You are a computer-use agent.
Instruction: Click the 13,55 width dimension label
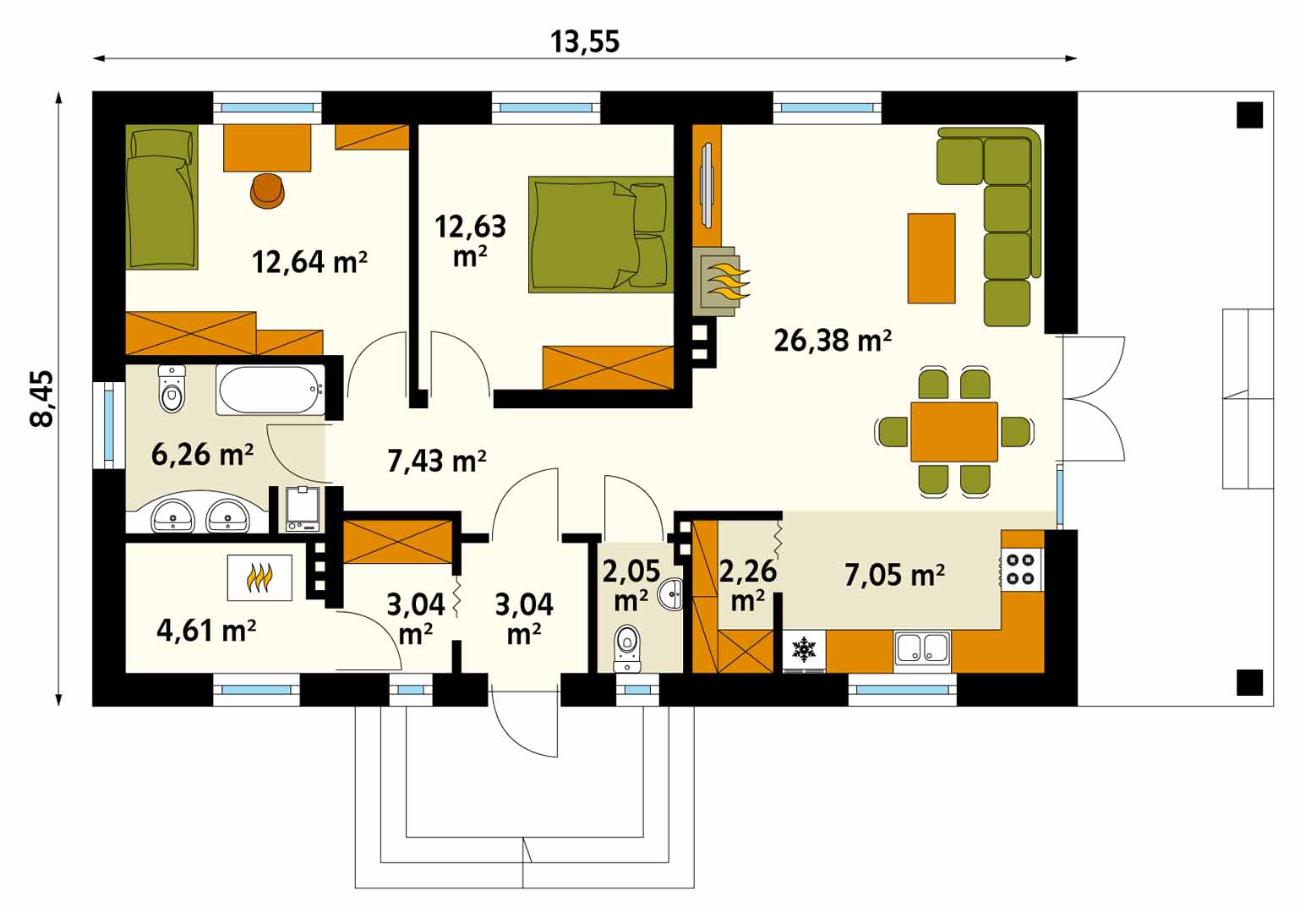click(584, 42)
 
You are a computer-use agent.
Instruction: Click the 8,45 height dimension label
click(42, 399)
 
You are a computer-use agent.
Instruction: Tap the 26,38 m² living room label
click(833, 340)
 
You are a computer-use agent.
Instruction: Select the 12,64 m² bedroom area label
click(309, 262)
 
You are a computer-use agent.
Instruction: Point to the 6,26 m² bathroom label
click(202, 454)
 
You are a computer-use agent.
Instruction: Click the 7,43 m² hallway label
click(436, 462)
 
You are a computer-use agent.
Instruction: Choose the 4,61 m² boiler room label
click(206, 631)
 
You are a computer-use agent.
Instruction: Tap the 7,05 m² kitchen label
click(894, 575)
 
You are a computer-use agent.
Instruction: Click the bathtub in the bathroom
click(270, 390)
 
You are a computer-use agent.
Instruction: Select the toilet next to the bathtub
click(172, 389)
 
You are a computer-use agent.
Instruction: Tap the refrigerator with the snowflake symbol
click(805, 651)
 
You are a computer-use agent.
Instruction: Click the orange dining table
click(954, 432)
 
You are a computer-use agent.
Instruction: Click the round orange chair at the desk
click(268, 191)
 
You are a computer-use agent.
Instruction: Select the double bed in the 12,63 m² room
click(601, 234)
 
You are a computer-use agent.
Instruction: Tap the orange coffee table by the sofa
click(931, 259)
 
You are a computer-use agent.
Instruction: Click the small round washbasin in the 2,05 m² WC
click(671, 593)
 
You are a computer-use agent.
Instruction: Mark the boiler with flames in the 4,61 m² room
click(259, 577)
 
